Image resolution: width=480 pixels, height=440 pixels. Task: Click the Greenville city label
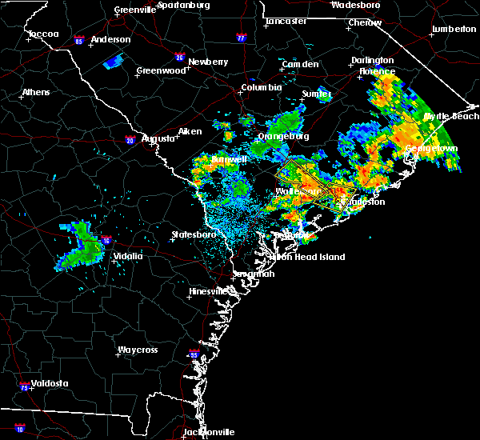click(134, 10)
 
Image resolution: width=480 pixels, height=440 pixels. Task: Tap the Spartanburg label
click(183, 5)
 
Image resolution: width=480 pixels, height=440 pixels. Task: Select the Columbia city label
click(261, 87)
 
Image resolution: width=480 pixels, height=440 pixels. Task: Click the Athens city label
click(35, 92)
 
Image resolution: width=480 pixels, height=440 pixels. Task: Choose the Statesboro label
click(194, 234)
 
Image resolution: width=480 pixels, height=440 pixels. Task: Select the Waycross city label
click(138, 350)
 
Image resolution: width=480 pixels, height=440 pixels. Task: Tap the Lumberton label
click(454, 29)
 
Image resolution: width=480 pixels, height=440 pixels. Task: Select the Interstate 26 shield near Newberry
click(179, 58)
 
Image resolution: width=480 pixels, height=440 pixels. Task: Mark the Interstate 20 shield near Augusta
click(130, 141)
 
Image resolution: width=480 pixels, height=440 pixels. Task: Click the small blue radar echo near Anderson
click(114, 60)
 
